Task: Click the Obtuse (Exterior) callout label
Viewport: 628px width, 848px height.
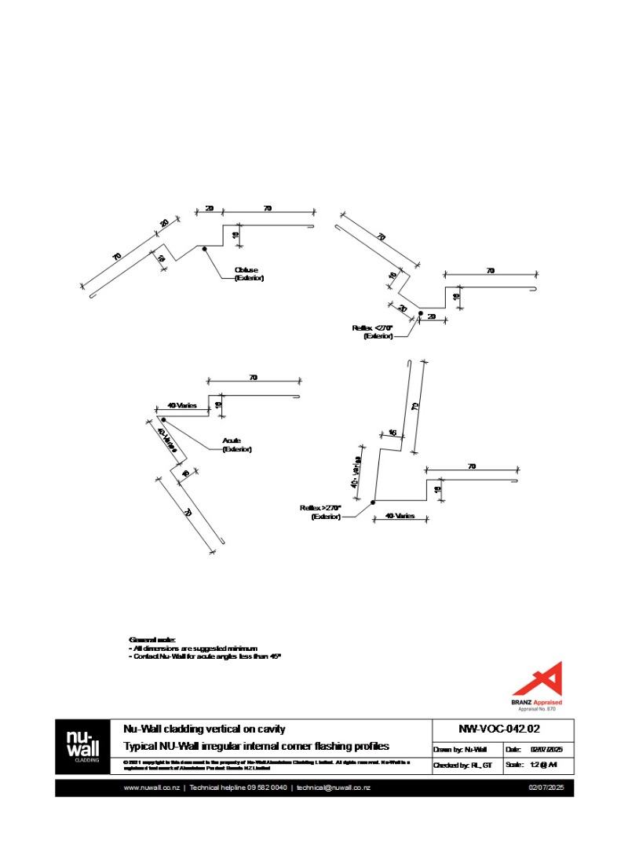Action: click(x=249, y=274)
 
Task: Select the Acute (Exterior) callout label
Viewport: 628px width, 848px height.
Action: click(x=236, y=445)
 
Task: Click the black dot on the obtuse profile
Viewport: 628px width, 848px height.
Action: click(x=204, y=249)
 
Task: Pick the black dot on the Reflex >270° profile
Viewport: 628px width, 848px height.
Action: click(x=373, y=502)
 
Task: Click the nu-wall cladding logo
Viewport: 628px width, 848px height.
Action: click(x=82, y=745)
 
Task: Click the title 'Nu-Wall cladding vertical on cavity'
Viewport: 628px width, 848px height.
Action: click(x=204, y=729)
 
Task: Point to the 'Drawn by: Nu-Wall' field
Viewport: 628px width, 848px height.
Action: click(x=460, y=750)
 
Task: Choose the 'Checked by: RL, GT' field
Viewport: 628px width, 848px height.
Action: click(x=462, y=765)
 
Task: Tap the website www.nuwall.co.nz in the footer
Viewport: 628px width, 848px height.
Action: click(x=152, y=788)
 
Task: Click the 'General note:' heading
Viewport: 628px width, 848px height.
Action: click(x=152, y=640)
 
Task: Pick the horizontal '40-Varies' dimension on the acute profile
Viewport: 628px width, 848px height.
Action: click(x=182, y=406)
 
